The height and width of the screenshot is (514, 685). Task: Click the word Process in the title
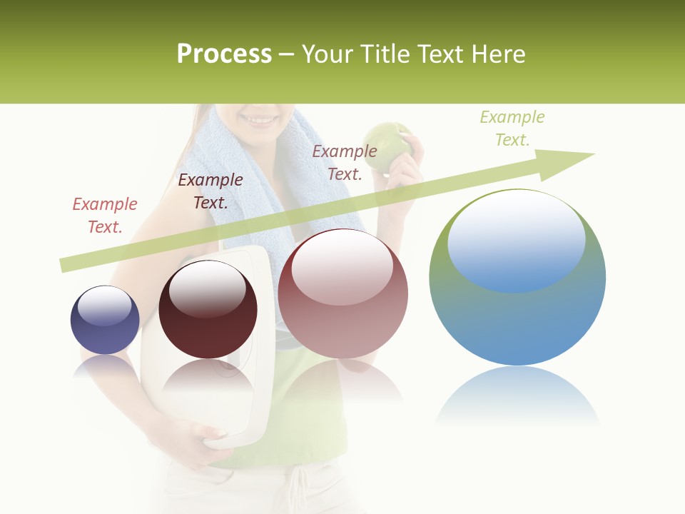224,54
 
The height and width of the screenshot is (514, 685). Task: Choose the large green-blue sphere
517,300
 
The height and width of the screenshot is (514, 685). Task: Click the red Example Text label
105,215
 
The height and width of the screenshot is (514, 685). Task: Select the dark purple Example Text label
210,191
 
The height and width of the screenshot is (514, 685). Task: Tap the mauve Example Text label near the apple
345,162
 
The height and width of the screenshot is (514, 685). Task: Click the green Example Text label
512,128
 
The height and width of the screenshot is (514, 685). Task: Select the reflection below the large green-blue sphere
517,396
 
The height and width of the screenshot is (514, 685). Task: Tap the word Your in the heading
329,54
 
